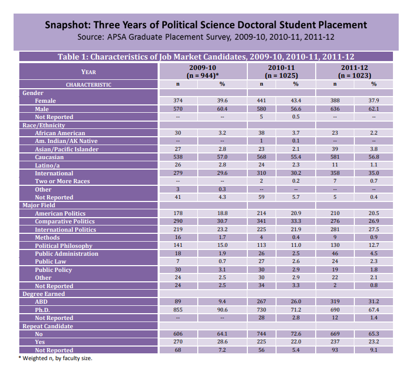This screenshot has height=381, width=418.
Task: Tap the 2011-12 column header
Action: (x=355, y=72)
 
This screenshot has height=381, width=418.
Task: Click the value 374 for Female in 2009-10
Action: (x=177, y=101)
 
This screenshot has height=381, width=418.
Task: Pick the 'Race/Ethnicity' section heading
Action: (x=43, y=125)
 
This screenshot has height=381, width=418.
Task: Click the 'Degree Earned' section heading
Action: (x=44, y=294)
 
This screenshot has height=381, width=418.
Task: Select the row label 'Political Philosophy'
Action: (x=64, y=246)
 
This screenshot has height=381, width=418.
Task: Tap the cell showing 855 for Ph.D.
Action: (x=177, y=310)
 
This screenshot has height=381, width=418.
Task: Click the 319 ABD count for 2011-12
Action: (x=336, y=302)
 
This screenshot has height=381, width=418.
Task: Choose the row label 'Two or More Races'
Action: (x=62, y=181)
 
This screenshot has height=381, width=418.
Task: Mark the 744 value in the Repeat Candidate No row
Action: (x=261, y=334)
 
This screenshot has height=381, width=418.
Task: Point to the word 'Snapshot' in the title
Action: (x=68, y=25)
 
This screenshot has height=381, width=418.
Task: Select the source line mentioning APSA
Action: (x=205, y=38)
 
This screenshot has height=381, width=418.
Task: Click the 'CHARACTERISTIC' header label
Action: (x=88, y=85)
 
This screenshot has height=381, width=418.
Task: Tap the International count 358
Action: (x=336, y=173)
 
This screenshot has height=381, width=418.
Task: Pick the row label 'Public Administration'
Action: (x=66, y=254)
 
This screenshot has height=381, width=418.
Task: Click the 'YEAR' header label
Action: (x=88, y=72)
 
